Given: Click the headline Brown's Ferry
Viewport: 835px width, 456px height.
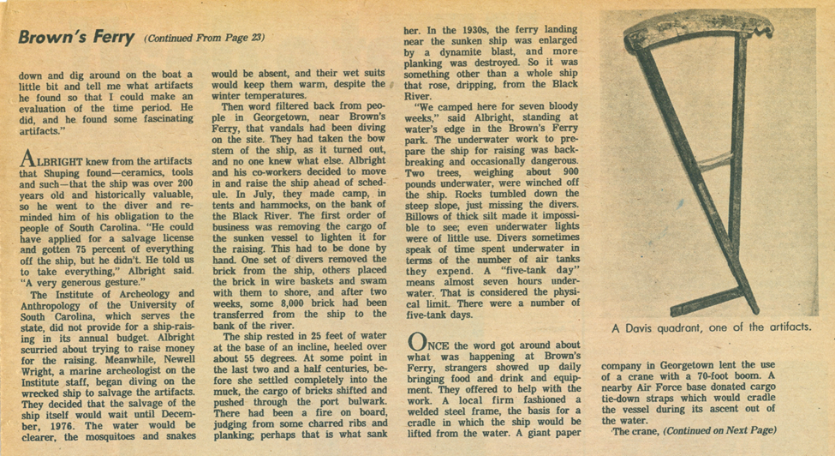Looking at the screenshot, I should pos(75,38).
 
